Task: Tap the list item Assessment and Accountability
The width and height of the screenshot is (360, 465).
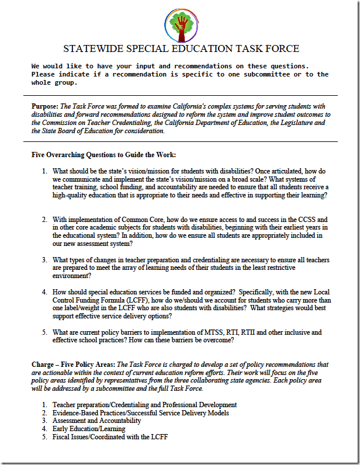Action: point(96,421)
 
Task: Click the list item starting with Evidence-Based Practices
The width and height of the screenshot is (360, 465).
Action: point(140,412)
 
